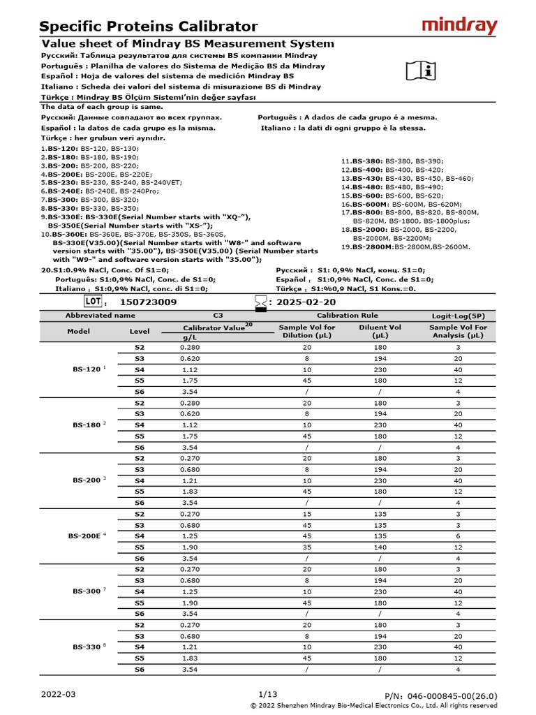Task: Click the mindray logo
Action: pos(460,27)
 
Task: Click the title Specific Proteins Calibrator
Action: pos(148,27)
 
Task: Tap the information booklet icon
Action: pos(420,69)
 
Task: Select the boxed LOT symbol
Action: pos(94,302)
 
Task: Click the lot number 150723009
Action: pos(148,302)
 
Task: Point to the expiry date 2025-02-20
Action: pos(306,302)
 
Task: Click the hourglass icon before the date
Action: pos(260,302)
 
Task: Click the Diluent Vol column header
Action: pos(380,331)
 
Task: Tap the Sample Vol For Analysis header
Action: pos(458,331)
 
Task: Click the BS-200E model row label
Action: pos(85,536)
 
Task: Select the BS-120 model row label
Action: pos(88,369)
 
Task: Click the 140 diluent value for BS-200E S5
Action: pos(380,547)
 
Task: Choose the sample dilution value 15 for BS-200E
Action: pos(306,514)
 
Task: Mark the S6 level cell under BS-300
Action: pos(139,614)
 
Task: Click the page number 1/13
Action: pos(268,694)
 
